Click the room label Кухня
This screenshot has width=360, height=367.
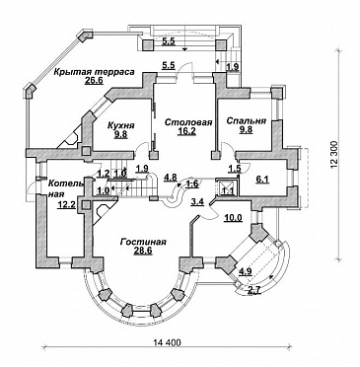click(x=121, y=125)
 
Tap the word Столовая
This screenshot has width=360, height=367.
click(x=188, y=122)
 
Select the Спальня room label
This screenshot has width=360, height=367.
click(x=247, y=120)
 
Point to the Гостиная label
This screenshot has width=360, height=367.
click(x=143, y=242)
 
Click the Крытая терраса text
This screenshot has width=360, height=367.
click(x=95, y=72)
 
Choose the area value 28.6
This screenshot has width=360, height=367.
click(x=143, y=252)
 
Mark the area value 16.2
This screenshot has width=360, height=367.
click(x=188, y=131)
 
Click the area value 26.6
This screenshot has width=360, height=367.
click(x=95, y=81)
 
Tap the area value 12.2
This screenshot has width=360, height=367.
click(x=67, y=205)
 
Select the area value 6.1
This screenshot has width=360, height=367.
click(x=262, y=180)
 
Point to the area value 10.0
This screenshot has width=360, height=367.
click(x=233, y=217)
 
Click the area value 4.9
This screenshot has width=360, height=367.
click(x=246, y=272)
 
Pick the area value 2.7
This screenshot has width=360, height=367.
click(x=253, y=290)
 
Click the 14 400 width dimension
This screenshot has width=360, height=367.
click(x=167, y=342)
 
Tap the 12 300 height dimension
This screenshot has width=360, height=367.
click(x=333, y=155)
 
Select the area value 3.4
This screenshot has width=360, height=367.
click(x=197, y=201)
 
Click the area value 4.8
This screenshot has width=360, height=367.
click(x=171, y=178)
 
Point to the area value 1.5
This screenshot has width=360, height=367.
click(x=236, y=169)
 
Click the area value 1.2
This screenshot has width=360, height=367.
click(x=104, y=173)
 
